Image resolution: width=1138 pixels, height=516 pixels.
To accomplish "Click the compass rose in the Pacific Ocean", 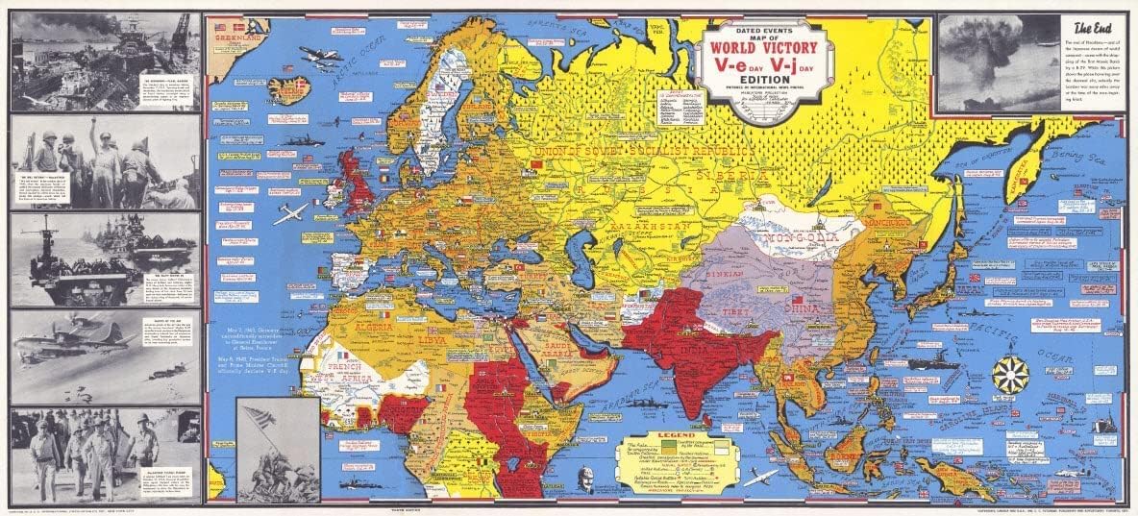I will click(x=1010, y=374).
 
